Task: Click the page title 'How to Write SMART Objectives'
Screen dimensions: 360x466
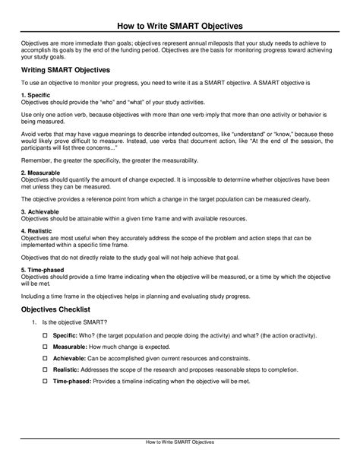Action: (180, 11)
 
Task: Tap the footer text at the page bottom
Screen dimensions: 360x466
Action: (180, 442)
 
